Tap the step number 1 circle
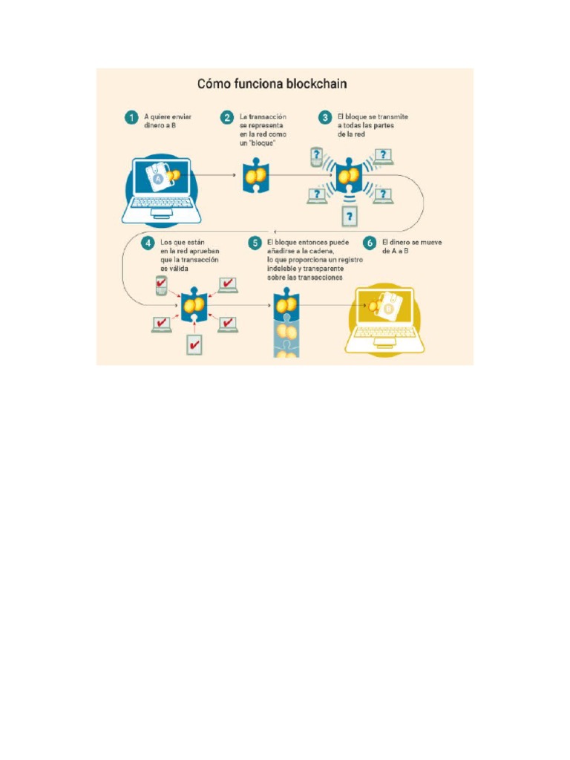pos(131,117)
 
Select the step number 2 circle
pos(227,117)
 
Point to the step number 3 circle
pos(324,117)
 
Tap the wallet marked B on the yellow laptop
pos(387,306)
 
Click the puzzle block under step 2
pos(255,177)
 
